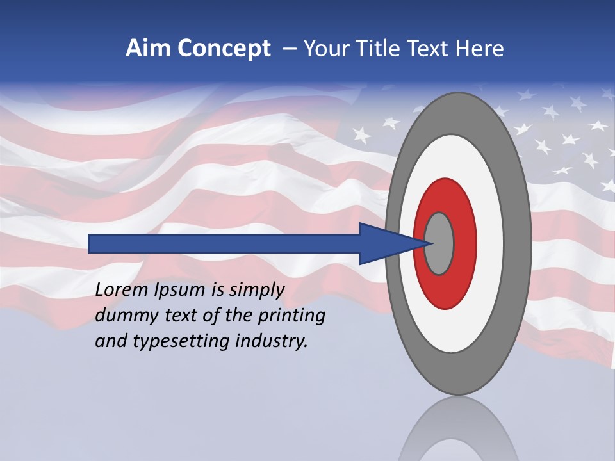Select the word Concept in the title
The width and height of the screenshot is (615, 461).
point(224,49)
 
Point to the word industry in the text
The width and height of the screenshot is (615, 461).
point(272,342)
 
